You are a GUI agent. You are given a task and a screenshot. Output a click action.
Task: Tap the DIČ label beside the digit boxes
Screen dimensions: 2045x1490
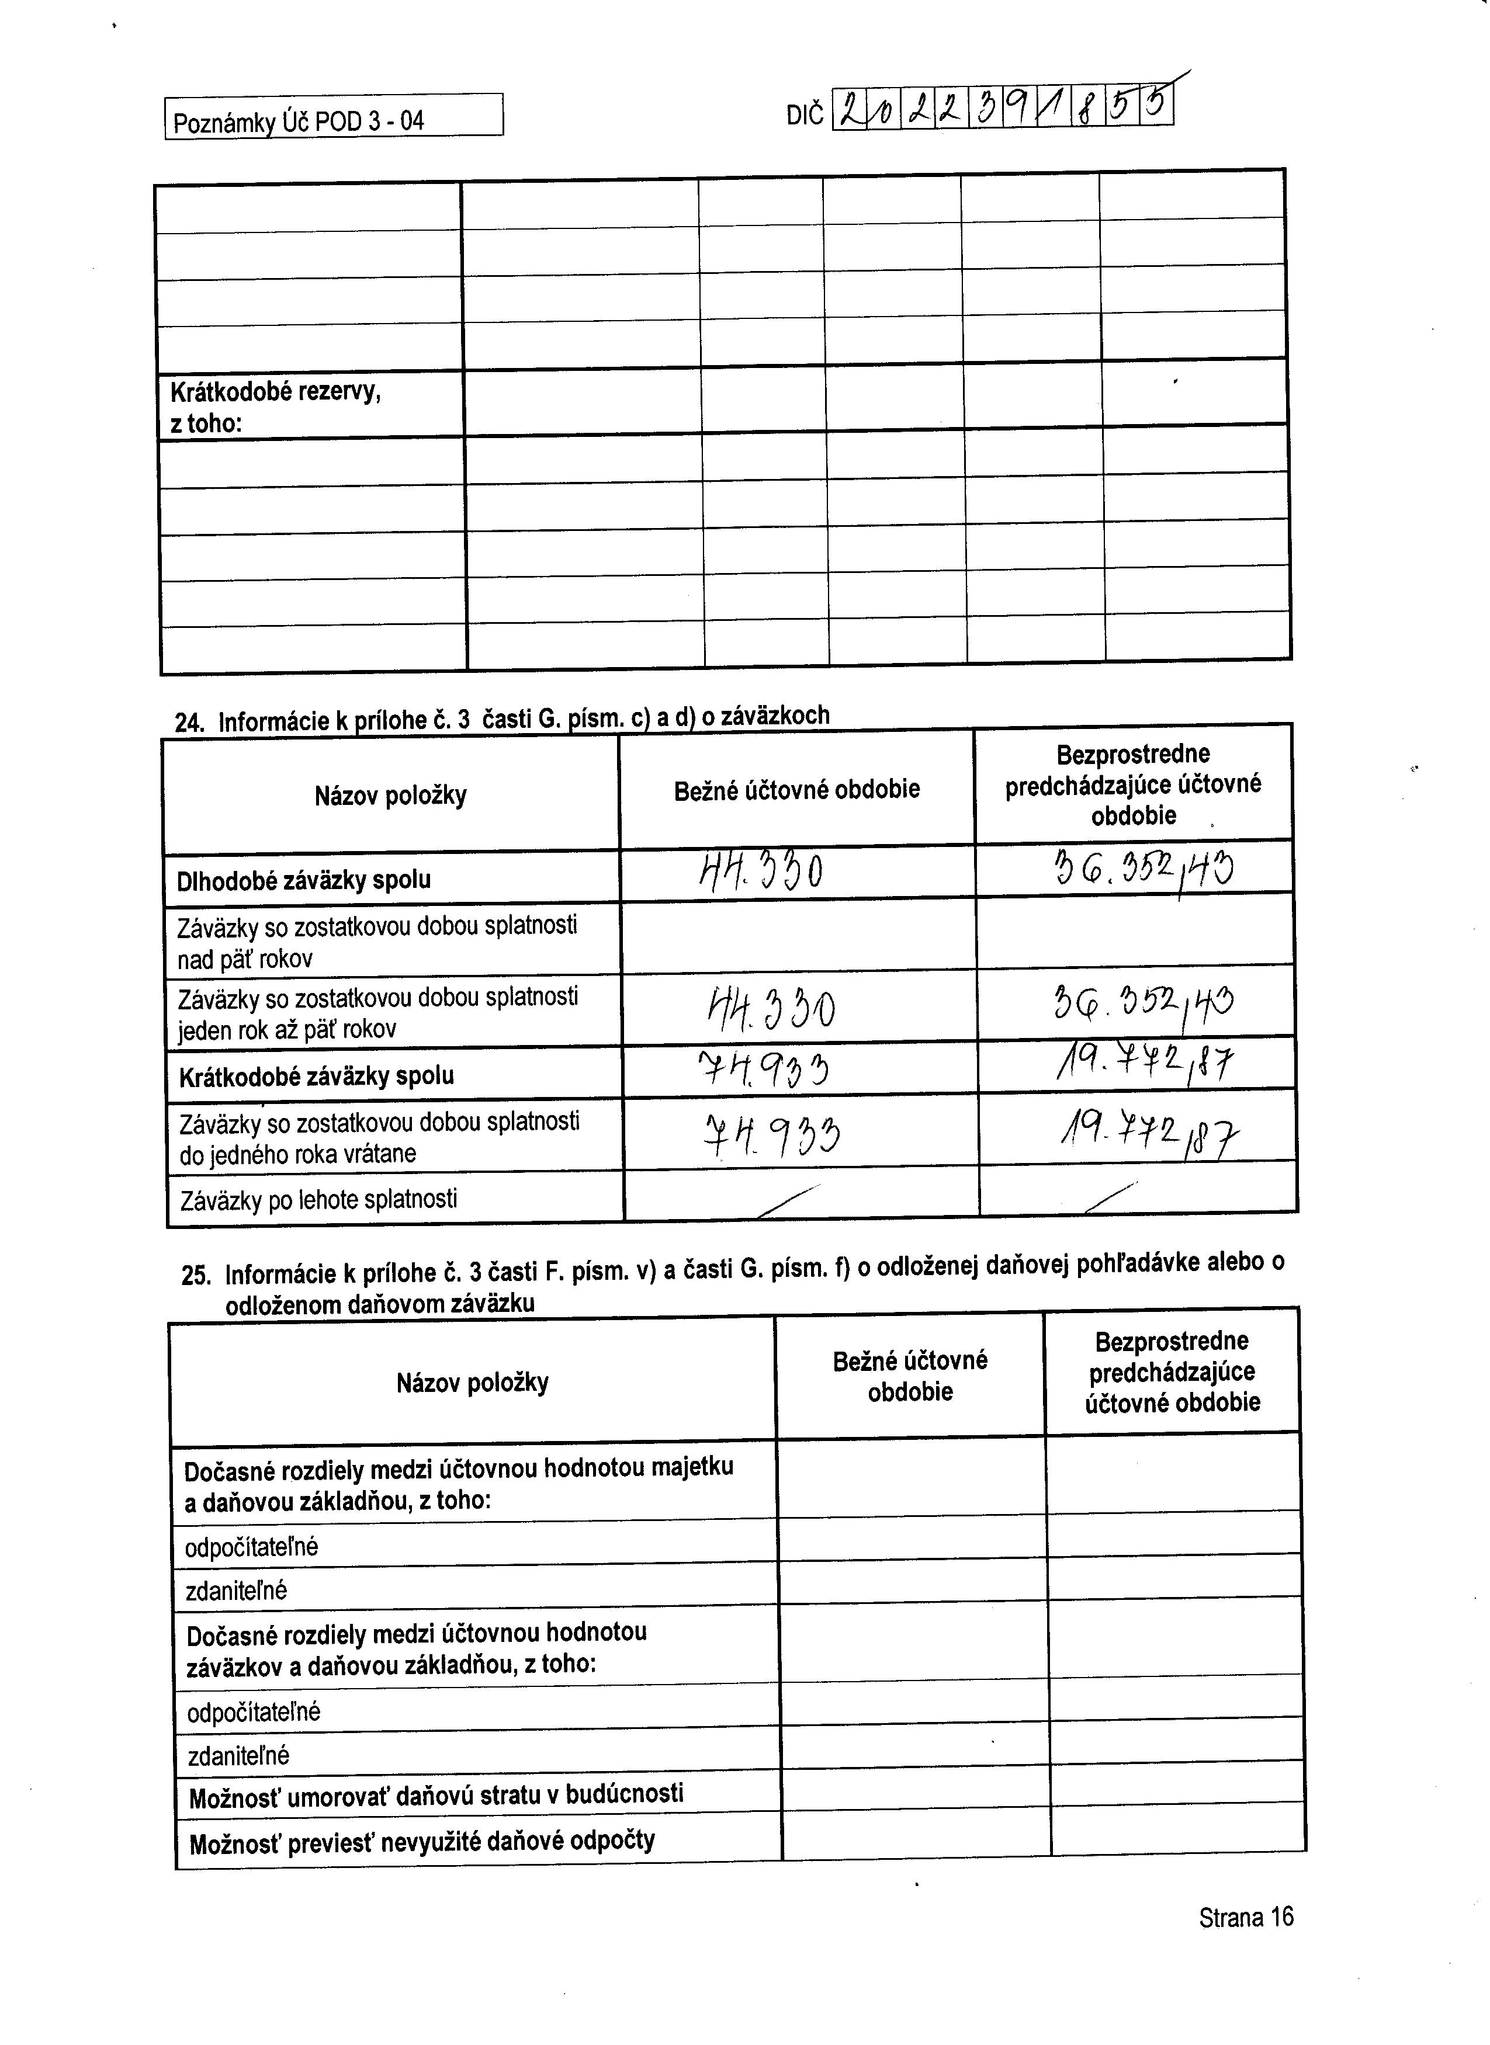805,116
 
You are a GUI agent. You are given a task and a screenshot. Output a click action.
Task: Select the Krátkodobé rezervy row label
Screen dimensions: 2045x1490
275,407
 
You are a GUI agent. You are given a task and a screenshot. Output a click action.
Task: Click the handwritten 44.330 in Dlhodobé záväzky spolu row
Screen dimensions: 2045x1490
762,872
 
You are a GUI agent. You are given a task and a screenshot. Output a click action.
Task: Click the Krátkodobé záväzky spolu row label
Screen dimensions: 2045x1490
317,1076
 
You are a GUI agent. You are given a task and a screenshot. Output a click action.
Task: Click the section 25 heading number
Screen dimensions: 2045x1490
196,1275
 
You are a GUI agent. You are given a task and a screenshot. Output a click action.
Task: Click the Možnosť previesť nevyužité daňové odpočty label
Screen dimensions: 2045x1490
421,1841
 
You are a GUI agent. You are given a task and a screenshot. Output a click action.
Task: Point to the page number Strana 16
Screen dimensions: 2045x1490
1246,1916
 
